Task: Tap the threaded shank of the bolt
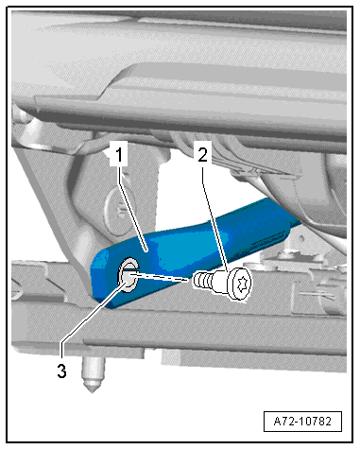[201, 280]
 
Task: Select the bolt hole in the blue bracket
[127, 275]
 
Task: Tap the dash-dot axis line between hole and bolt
[165, 278]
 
